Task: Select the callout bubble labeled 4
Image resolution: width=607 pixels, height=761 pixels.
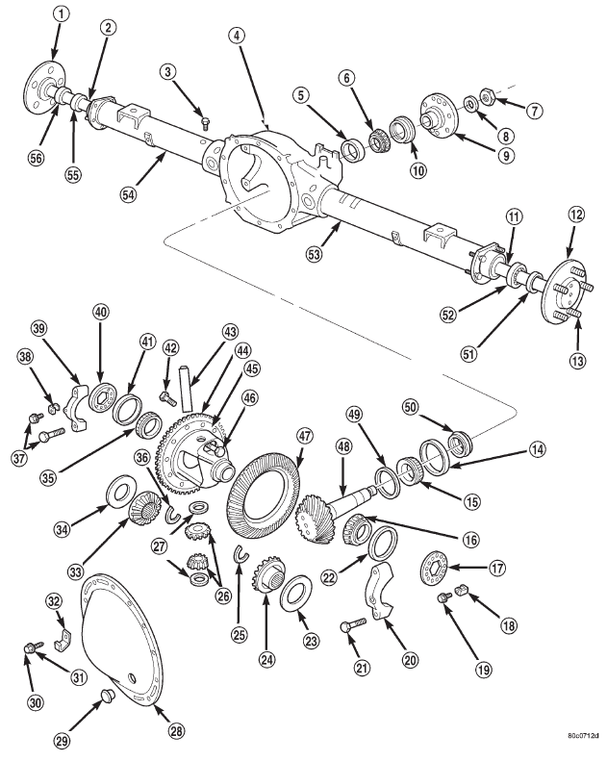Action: pyautogui.click(x=235, y=35)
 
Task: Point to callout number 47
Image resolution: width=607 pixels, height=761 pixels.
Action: pyautogui.click(x=304, y=437)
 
